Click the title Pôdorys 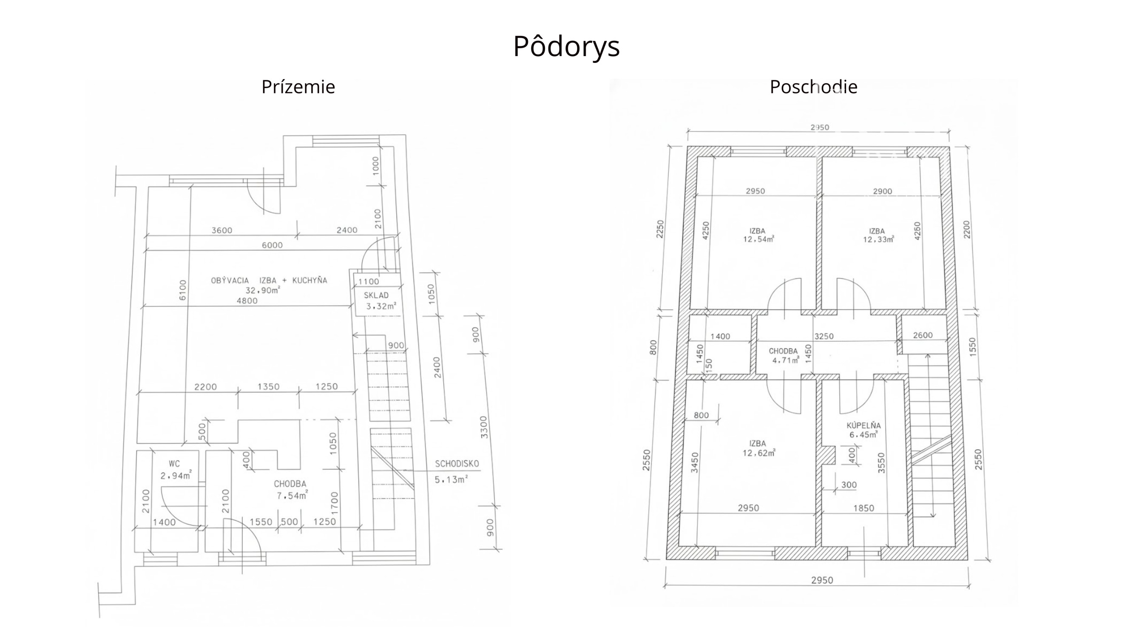click(x=566, y=46)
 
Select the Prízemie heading click(x=298, y=87)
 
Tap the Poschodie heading click(x=813, y=87)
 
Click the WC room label click(x=174, y=464)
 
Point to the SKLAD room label click(x=376, y=295)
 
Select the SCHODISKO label click(x=457, y=464)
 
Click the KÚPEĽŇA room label click(x=864, y=425)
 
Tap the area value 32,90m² click(x=263, y=290)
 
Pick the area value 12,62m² click(x=759, y=452)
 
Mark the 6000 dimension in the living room click(x=272, y=245)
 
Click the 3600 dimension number click(x=221, y=230)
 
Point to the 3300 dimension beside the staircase click(x=484, y=427)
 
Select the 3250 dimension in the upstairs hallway click(x=824, y=336)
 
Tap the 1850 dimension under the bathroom click(x=863, y=508)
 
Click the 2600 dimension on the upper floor click(x=922, y=335)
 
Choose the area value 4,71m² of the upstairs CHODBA click(x=786, y=360)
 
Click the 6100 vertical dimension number click(x=183, y=290)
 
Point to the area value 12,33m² click(x=878, y=240)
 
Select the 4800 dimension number click(x=247, y=301)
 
